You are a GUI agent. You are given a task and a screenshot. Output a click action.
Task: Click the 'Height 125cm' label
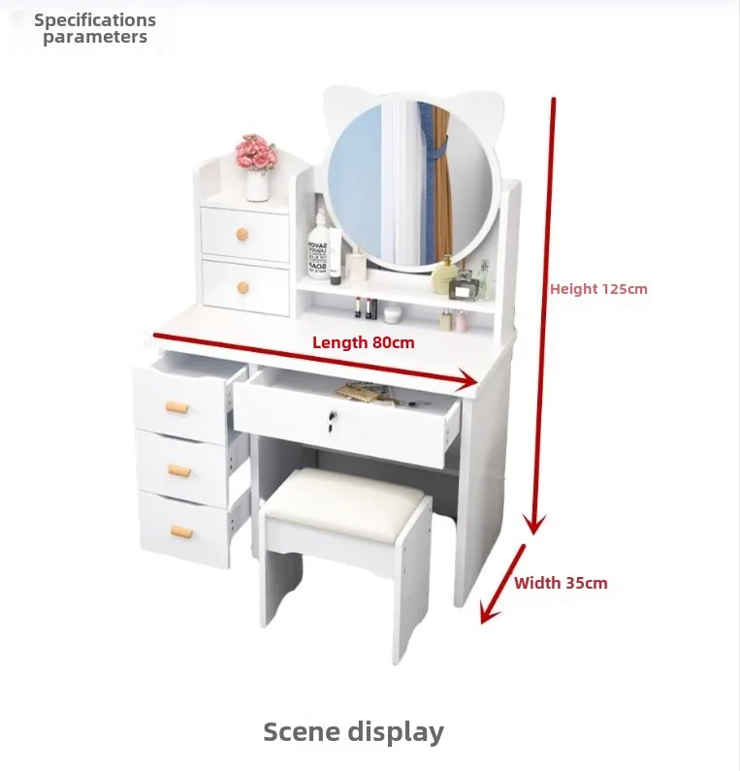pyautogui.click(x=598, y=289)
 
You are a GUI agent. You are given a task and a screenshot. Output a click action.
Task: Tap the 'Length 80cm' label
pyautogui.click(x=364, y=342)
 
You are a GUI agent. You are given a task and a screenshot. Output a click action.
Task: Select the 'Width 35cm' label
pyautogui.click(x=561, y=583)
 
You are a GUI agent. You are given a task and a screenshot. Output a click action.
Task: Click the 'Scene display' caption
pyautogui.click(x=354, y=732)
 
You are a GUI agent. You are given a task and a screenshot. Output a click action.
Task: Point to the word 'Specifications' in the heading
pyautogui.click(x=95, y=20)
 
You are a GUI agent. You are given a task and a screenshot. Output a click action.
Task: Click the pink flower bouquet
pyautogui.click(x=255, y=152)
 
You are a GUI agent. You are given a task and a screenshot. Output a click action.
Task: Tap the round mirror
pyautogui.click(x=410, y=183)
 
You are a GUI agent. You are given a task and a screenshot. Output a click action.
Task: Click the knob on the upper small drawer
pyautogui.click(x=241, y=235)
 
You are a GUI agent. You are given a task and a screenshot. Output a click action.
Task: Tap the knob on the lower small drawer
pyautogui.click(x=242, y=287)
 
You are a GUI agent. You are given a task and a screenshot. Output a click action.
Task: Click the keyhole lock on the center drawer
pyautogui.click(x=333, y=419)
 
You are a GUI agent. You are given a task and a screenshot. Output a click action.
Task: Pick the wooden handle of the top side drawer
pyautogui.click(x=177, y=407)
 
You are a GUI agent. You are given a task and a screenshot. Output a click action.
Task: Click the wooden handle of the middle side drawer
pyautogui.click(x=179, y=470)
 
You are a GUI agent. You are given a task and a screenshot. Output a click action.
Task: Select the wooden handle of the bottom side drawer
pyautogui.click(x=181, y=531)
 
